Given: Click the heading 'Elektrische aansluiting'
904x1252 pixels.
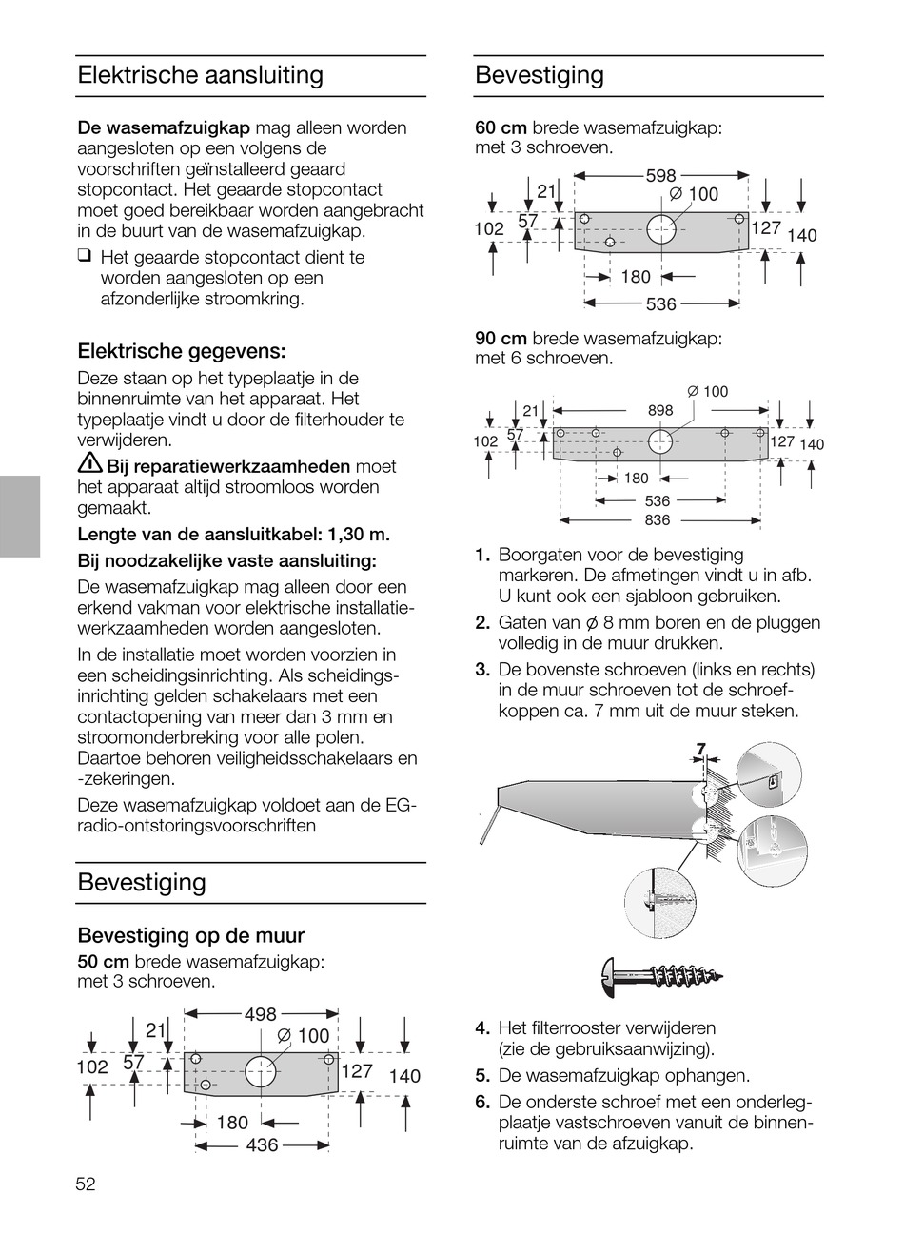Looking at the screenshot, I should coord(200,75).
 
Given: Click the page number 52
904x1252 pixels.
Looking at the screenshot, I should coord(87,1184).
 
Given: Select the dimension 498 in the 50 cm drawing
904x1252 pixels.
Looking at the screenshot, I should coord(261,1014).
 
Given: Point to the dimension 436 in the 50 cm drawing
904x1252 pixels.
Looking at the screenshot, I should coord(262,1145).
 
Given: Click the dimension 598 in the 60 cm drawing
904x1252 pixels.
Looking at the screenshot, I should coord(660,176).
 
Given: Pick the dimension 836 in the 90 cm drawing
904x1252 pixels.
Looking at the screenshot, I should coord(658,520).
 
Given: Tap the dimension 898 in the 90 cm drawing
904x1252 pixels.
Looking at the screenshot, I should coord(660,410).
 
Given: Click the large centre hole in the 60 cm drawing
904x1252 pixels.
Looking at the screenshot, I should coord(663,229).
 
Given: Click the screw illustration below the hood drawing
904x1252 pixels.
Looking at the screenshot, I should coord(662,975).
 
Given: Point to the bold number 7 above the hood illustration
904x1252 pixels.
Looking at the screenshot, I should coord(700,750).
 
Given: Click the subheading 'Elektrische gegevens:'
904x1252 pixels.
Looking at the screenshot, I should coord(182,351).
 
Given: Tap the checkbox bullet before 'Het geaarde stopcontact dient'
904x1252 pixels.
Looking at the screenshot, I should coord(85,256).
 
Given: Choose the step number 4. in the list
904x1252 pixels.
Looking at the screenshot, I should coord(482,1028).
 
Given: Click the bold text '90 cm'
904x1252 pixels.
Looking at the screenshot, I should coord(501,339).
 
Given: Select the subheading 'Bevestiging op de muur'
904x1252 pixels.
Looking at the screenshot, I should coord(190,935).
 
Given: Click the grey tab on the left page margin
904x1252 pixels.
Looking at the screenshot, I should coord(20,516).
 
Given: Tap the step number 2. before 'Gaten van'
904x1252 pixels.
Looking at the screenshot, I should coord(482,623).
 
